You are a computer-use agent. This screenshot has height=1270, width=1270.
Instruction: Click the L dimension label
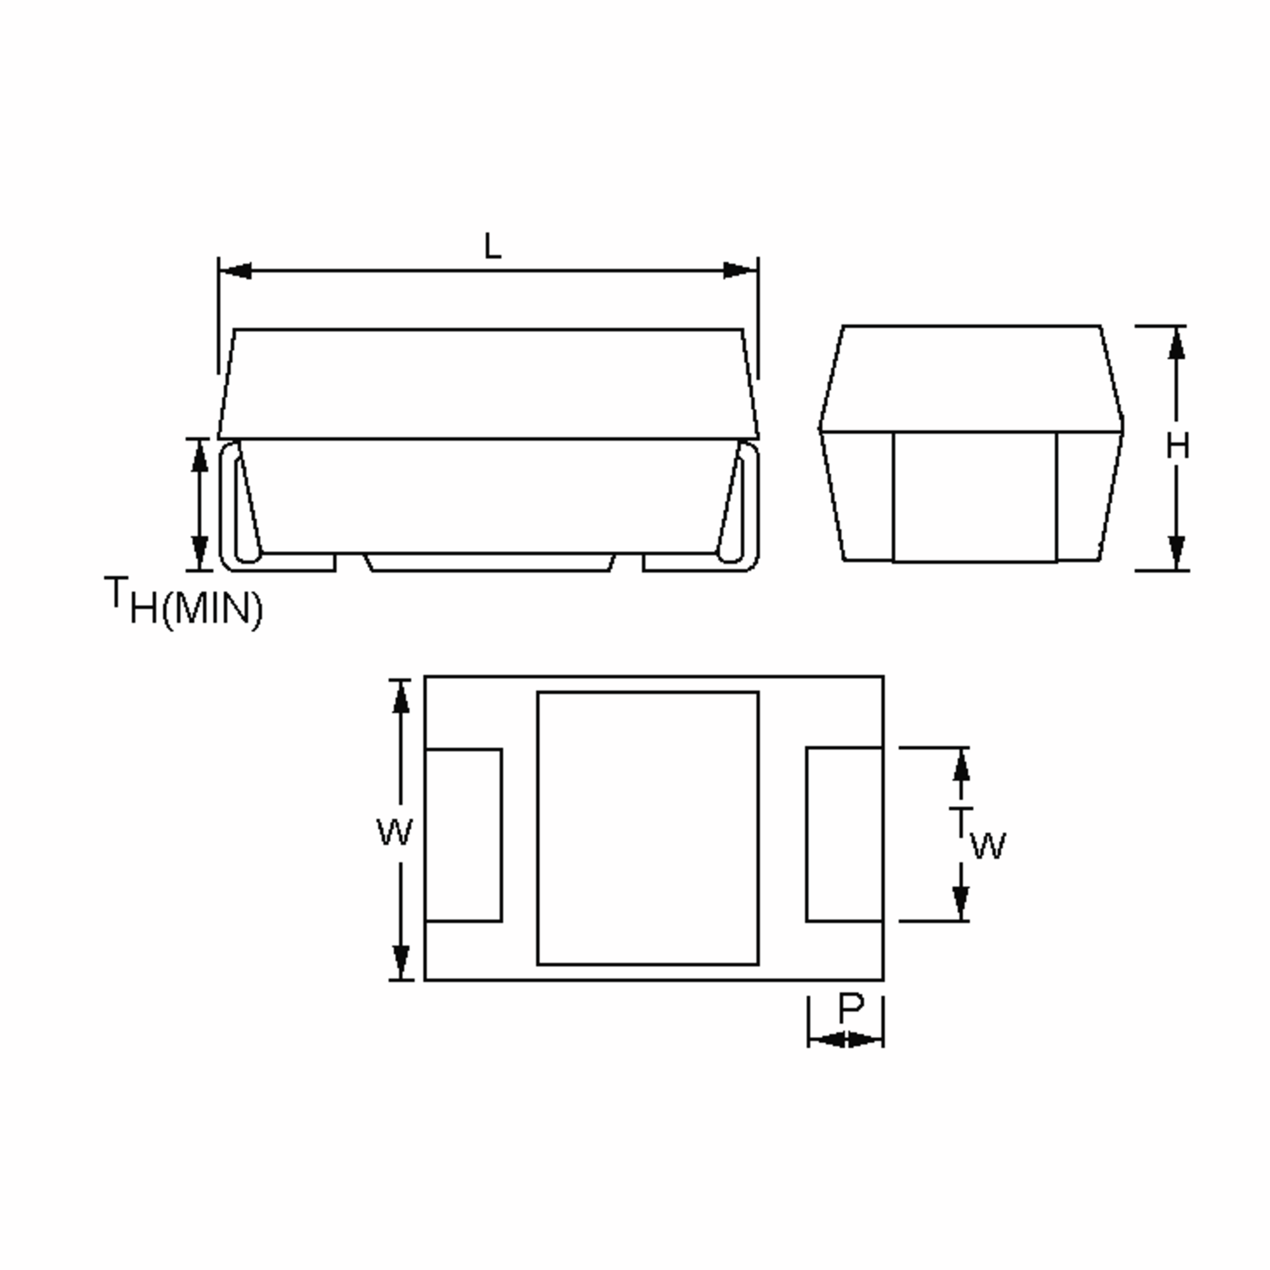[x=492, y=247]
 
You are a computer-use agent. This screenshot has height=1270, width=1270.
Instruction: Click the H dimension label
[x=1177, y=447]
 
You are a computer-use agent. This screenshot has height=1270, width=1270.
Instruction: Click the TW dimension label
[x=977, y=833]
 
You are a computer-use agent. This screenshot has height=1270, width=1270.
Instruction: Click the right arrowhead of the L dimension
[x=740, y=270]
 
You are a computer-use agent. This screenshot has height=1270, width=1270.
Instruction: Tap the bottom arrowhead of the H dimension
[x=1177, y=552]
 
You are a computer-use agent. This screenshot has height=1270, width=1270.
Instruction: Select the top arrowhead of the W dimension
[x=401, y=697]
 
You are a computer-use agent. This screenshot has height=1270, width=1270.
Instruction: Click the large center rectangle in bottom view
[x=648, y=828]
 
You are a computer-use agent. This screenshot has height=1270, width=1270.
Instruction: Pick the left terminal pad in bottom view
[x=464, y=835]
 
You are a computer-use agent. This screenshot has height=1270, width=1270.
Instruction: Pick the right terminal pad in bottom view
[x=844, y=835]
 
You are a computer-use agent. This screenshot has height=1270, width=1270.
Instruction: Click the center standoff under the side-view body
[x=489, y=562]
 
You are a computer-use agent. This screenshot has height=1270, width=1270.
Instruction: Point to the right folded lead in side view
[x=749, y=506]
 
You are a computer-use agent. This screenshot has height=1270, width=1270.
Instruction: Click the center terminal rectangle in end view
[x=974, y=496]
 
